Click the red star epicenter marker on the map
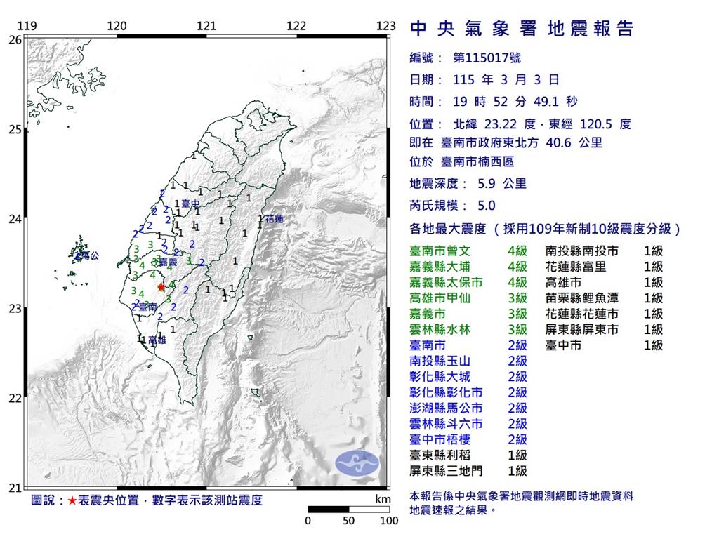[x=161, y=286]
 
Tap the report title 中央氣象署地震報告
[x=522, y=29]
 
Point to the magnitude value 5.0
[x=486, y=206]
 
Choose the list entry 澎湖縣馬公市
[x=447, y=408]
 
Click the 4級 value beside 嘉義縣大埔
[x=517, y=266]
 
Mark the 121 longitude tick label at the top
[x=206, y=26]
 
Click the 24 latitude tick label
[x=14, y=218]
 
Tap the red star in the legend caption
[x=72, y=500]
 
